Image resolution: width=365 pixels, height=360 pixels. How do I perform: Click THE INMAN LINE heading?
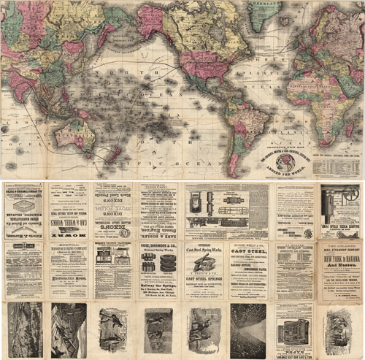pyautogui.click(x=295, y=248)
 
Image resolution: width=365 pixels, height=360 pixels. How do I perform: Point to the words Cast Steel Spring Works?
pyautogui.click(x=206, y=252)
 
